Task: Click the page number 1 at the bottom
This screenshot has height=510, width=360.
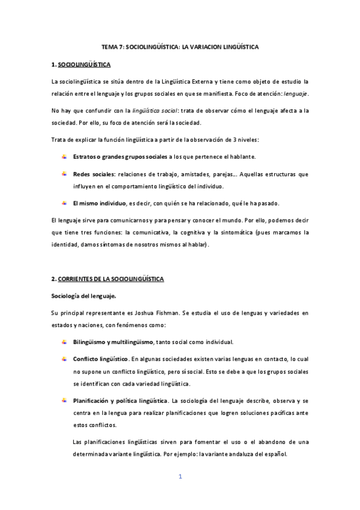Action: [x=180, y=477]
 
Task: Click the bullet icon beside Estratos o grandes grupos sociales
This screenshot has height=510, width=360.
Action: [x=64, y=156]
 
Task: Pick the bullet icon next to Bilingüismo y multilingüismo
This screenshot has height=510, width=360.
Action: [x=64, y=342]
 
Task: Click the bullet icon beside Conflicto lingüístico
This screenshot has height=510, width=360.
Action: [x=64, y=359]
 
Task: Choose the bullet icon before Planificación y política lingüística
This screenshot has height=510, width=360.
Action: [x=64, y=401]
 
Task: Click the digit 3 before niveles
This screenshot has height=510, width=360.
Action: [x=241, y=140]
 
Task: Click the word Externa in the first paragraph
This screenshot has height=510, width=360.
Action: [x=209, y=81]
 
